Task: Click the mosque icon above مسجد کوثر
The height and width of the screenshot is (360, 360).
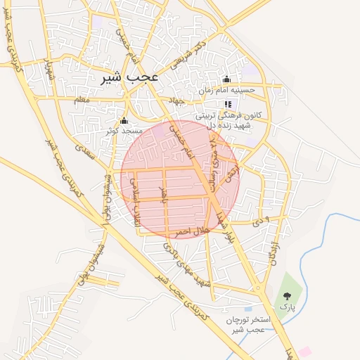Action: (124, 120)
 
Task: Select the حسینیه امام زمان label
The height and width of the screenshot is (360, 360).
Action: (226, 91)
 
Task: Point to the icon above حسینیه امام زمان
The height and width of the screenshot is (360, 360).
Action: (226, 79)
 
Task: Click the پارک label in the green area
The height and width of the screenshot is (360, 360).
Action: (287, 307)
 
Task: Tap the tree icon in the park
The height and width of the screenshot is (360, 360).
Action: (287, 295)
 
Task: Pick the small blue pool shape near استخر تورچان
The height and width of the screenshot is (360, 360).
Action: (248, 307)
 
